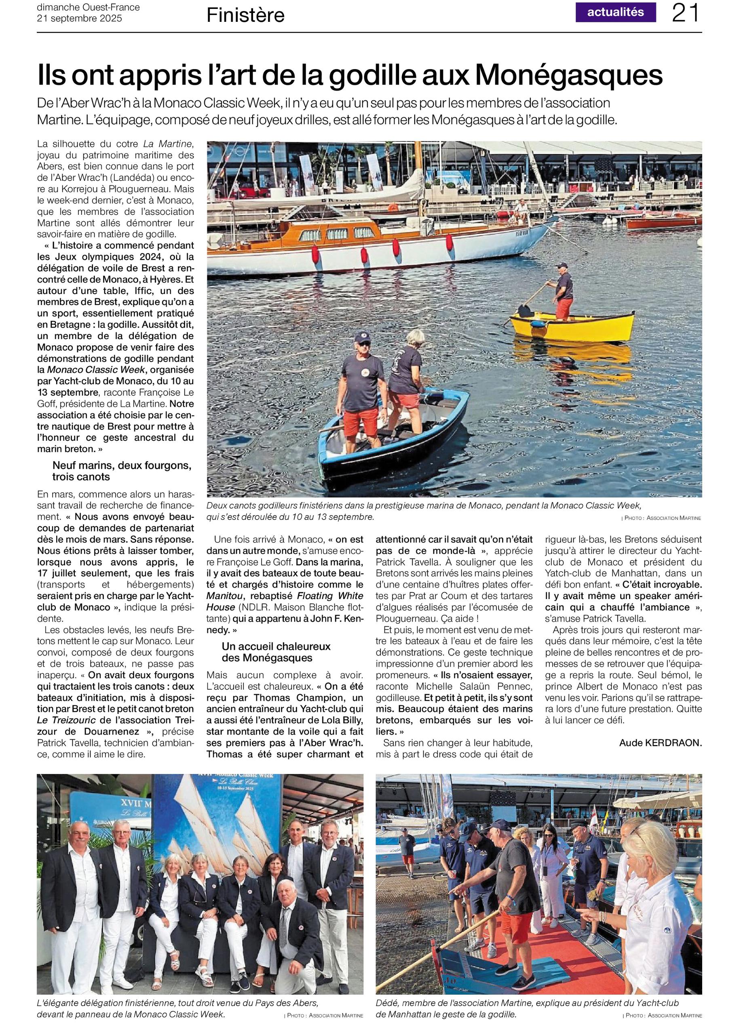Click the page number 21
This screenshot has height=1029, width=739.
click(x=686, y=14)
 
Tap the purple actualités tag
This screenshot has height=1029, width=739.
click(x=615, y=12)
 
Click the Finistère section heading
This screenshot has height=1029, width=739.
click(x=245, y=16)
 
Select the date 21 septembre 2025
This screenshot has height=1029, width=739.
click(x=79, y=18)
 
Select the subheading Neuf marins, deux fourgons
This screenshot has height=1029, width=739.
click(x=122, y=466)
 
